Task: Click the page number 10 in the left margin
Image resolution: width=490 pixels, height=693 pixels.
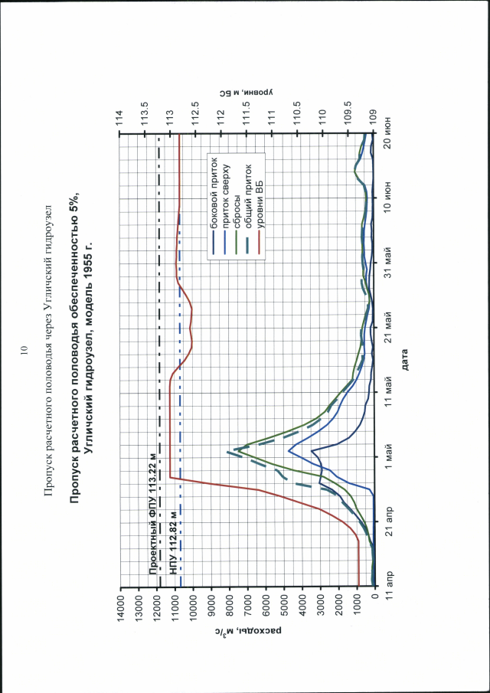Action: coord(24,351)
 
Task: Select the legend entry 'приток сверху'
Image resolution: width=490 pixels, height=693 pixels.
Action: coord(225,197)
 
